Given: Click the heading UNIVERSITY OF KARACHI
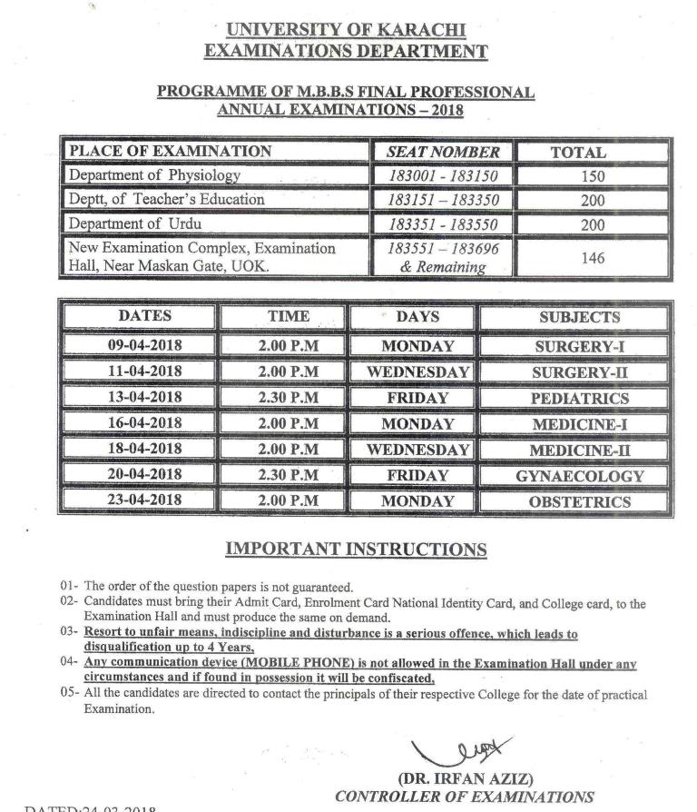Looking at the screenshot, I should (x=347, y=31).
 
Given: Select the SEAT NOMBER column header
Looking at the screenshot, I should (x=443, y=152).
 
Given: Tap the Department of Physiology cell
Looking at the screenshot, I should (x=155, y=175).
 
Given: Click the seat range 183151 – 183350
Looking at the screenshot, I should (x=443, y=200).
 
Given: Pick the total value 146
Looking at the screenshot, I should (x=592, y=258).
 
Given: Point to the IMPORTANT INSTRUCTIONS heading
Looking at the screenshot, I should (x=355, y=550).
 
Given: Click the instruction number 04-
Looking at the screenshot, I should (x=70, y=664).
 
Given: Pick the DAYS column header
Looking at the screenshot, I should (x=417, y=317).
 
